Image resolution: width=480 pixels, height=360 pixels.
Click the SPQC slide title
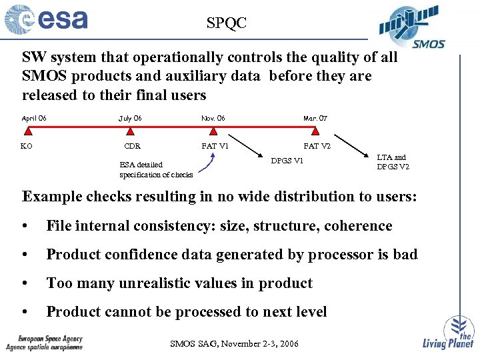(x=226, y=23)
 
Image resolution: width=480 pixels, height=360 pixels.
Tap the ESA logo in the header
(x=47, y=19)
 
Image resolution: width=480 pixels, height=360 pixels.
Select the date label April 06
(x=34, y=119)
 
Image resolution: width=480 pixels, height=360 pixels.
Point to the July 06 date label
(x=130, y=119)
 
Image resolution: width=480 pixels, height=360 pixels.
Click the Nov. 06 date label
(x=213, y=119)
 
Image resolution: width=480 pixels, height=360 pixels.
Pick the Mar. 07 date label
(x=315, y=119)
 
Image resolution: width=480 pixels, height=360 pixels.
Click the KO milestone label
(x=27, y=146)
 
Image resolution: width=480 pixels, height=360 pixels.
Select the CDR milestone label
(x=133, y=146)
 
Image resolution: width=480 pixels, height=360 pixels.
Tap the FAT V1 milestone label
(x=215, y=146)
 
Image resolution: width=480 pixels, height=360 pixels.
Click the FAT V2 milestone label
(x=317, y=146)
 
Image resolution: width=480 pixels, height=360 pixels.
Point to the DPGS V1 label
(x=287, y=161)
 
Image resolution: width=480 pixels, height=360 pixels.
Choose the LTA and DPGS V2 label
(x=393, y=162)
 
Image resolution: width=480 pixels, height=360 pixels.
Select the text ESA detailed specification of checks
(x=156, y=169)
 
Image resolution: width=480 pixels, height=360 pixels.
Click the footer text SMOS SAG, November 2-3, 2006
(x=235, y=344)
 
